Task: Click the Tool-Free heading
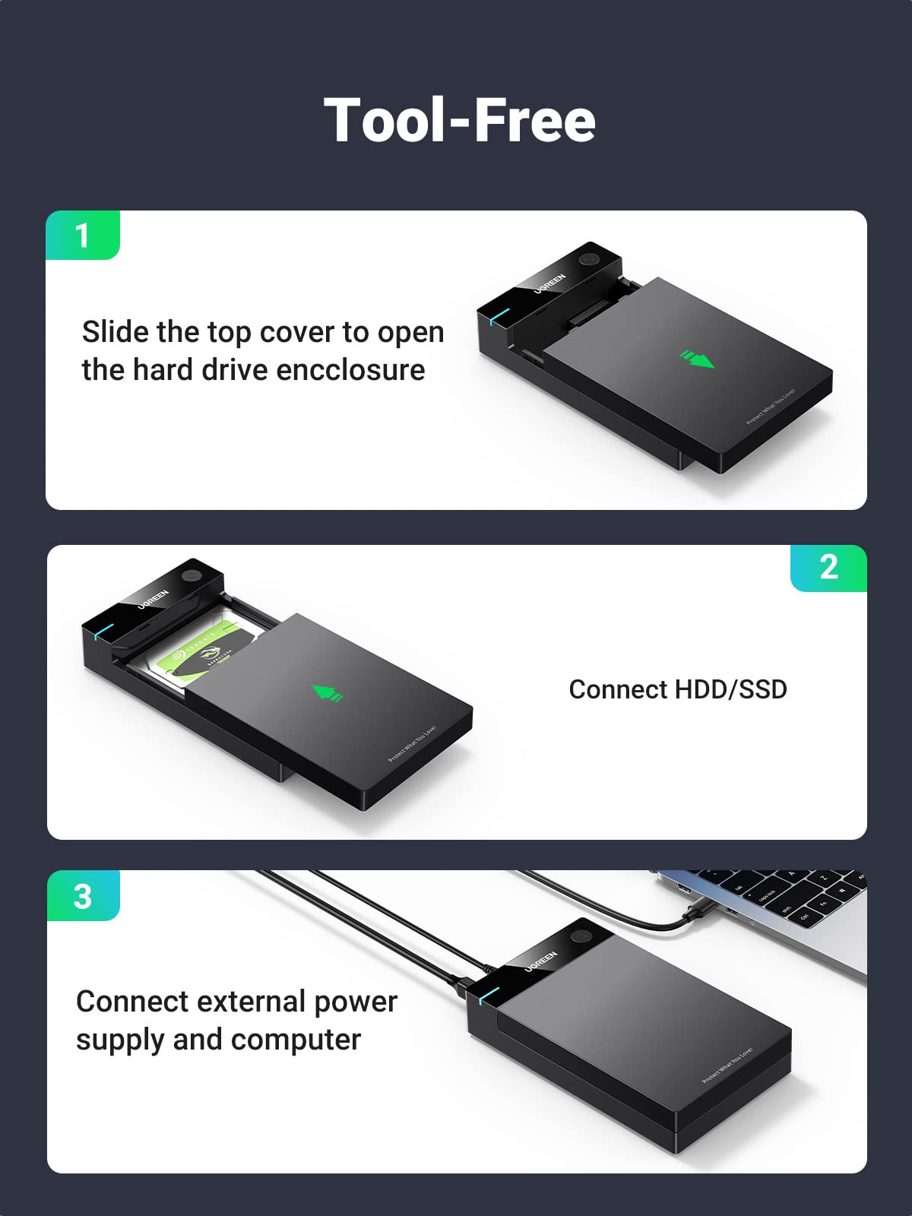pyautogui.click(x=459, y=120)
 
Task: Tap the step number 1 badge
pyautogui.click(x=82, y=236)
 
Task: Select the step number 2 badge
pyautogui.click(x=828, y=568)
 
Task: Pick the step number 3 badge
pyautogui.click(x=83, y=896)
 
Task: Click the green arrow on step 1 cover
pyautogui.click(x=697, y=358)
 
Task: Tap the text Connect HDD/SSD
pyautogui.click(x=677, y=689)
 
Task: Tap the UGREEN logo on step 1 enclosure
pyautogui.click(x=549, y=282)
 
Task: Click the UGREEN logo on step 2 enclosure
pyautogui.click(x=153, y=598)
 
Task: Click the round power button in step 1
pyautogui.click(x=588, y=259)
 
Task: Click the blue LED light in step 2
pyautogui.click(x=103, y=631)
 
